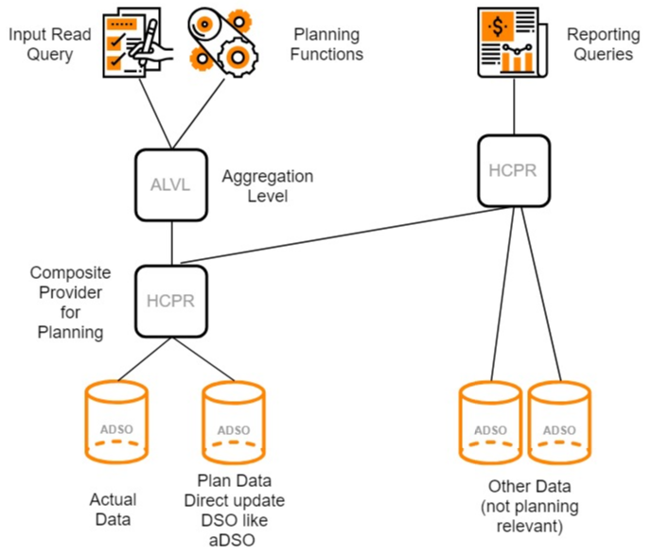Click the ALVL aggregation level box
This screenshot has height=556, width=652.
click(171, 184)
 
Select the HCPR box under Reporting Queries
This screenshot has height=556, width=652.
click(513, 171)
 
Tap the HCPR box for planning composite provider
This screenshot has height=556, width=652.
click(171, 300)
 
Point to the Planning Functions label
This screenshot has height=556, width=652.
click(326, 44)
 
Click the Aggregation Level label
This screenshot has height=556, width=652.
click(267, 185)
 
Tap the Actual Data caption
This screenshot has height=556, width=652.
click(113, 509)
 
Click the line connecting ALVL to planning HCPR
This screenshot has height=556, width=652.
click(171, 240)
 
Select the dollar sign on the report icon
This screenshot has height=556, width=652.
click(496, 26)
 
